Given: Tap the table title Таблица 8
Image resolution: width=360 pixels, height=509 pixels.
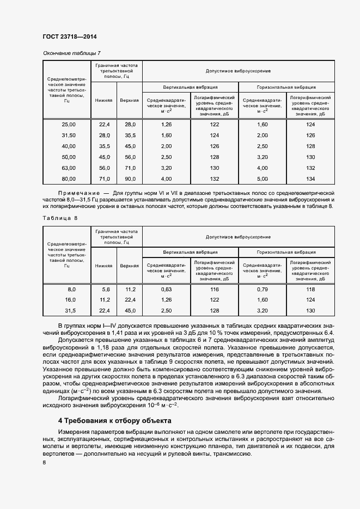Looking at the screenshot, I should click(60, 218).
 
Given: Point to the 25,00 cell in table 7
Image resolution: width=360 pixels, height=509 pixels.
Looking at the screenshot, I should click(68, 125).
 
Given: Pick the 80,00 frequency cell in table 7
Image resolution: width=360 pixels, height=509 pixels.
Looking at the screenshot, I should click(68, 179).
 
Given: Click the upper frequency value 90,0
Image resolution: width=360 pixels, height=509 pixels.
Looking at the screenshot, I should click(130, 179).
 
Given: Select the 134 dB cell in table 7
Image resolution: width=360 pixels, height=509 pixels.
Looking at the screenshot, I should click(310, 179).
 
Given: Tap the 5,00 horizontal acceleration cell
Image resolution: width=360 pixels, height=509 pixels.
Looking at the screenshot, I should click(262, 179).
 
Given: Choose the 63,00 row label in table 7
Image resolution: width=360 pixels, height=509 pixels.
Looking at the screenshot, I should click(68, 168).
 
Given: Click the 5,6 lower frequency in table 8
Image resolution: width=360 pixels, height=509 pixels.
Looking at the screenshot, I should click(106, 289).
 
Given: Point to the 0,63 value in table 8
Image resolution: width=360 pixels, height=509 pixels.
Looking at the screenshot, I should click(167, 289).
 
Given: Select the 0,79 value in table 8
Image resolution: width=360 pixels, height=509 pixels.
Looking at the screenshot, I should click(262, 289).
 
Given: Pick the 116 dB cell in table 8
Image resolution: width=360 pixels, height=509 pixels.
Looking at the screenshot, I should click(214, 289).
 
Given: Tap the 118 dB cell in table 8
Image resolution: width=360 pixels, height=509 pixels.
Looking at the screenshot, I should click(310, 289).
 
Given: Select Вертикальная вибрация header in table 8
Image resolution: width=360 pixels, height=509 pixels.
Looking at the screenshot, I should click(190, 252).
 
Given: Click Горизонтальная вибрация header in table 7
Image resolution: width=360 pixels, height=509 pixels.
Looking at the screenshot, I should click(286, 87).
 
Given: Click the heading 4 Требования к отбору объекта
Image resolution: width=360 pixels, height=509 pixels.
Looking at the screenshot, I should click(114, 421).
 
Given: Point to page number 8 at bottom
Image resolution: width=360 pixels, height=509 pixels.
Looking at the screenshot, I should click(44, 462).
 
